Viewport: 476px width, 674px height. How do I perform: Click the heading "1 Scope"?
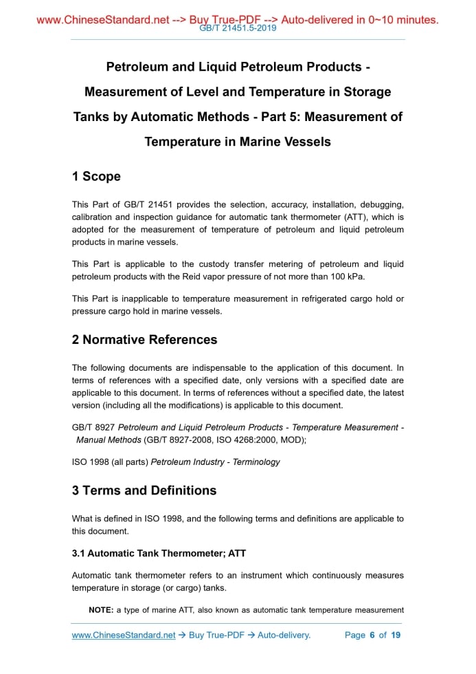(96, 177)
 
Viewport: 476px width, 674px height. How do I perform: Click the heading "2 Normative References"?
(144, 340)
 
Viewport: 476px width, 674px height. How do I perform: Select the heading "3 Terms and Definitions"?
(144, 490)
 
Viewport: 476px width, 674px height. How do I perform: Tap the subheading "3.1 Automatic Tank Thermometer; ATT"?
(159, 553)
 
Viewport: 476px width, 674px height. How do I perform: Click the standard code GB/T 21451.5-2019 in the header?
(238, 29)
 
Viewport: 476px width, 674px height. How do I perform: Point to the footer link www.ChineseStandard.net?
(124, 635)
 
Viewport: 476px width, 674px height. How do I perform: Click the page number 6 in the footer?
(372, 635)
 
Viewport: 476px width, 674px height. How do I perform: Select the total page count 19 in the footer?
(396, 635)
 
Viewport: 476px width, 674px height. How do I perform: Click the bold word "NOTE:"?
(101, 610)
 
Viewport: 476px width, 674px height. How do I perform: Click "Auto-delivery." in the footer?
(284, 635)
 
